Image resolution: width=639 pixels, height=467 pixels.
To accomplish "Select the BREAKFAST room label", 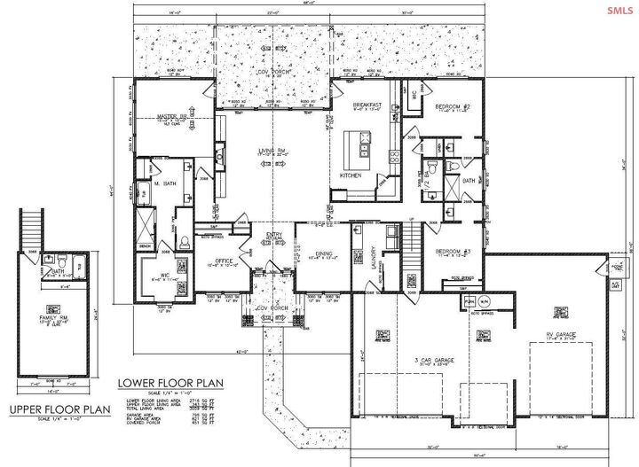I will [x=367, y=105].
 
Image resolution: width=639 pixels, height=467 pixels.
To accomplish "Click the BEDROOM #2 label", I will [x=452, y=106].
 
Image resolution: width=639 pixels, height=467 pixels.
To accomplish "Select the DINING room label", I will [x=324, y=254].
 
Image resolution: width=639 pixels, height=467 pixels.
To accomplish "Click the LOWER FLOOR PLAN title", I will [x=170, y=383].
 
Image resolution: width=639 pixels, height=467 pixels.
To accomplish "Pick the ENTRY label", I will [x=273, y=235].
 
